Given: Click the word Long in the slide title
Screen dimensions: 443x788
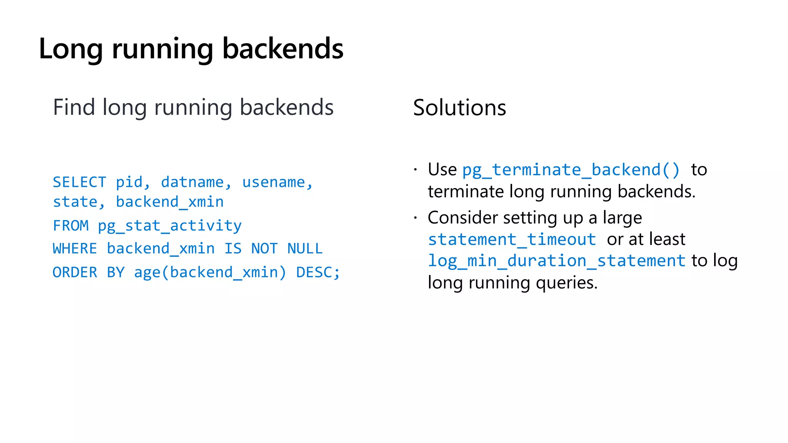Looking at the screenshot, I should coord(71,49).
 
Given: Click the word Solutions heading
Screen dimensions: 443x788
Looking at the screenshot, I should coord(459,108).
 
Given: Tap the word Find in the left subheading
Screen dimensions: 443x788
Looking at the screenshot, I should coord(74,107).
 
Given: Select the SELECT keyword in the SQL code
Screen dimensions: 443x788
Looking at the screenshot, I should coord(79,182).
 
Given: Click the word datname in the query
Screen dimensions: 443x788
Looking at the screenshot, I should coord(192,182).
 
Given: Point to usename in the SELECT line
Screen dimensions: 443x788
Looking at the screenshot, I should coord(274,182).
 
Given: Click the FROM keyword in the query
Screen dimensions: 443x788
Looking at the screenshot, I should coord(71,226).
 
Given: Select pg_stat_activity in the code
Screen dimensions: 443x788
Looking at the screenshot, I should coord(170,226).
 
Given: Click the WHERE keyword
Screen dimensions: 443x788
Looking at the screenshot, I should coord(75,249).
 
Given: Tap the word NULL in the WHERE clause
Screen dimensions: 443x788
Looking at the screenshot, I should coord(305,249).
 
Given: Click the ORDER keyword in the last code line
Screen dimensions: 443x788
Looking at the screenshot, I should coord(75,273).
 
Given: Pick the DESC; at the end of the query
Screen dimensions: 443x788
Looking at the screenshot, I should coord(318,273).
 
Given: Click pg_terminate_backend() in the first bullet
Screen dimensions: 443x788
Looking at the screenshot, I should coord(571,170).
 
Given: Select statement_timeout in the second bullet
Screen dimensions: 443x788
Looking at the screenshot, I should coord(512,240).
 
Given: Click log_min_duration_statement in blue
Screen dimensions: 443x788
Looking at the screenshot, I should coord(556,261).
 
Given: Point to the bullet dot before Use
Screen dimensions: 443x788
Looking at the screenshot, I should coord(416,170).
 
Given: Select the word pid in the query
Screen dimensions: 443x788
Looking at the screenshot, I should coord(129,182).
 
